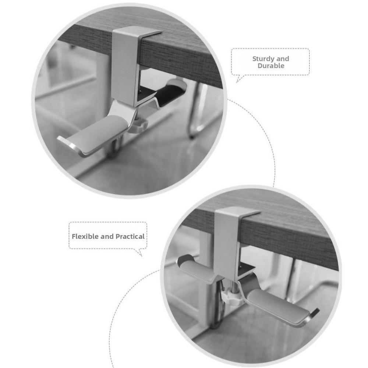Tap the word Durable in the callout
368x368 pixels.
click(271, 66)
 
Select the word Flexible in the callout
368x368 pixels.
click(85, 237)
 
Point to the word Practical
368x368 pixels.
click(130, 237)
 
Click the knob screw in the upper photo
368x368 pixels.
click(140, 125)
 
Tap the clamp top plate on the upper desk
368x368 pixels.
click(138, 33)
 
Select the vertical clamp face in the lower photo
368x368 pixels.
click(226, 239)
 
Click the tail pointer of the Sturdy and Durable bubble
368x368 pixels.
click(238, 79)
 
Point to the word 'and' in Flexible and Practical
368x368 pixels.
click(107, 237)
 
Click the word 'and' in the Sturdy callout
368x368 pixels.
click(283, 59)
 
